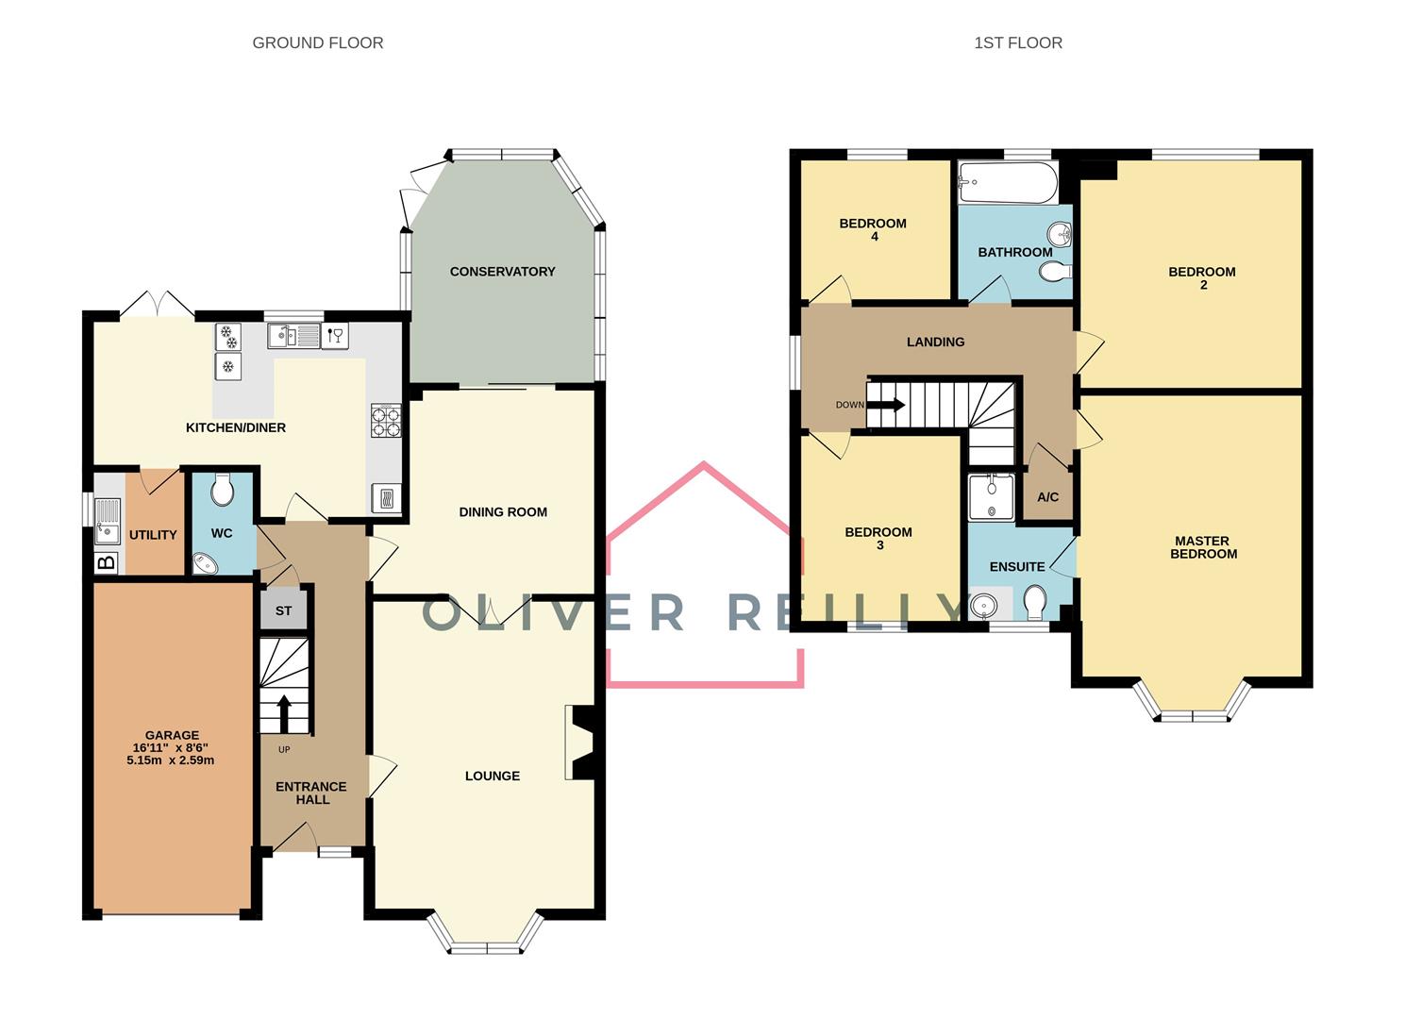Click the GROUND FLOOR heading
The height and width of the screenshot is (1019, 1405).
click(x=317, y=42)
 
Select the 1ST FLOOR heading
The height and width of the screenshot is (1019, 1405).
click(x=1017, y=42)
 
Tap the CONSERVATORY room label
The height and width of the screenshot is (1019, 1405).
click(x=502, y=272)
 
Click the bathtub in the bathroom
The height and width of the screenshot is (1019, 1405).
click(x=1007, y=182)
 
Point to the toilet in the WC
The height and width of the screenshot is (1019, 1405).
click(x=223, y=489)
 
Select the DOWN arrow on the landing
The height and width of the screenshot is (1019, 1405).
click(x=886, y=405)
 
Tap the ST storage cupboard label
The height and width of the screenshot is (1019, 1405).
click(x=284, y=611)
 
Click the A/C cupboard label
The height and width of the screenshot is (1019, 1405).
click(x=1047, y=497)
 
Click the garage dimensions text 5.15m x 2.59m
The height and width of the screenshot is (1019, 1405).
click(x=171, y=760)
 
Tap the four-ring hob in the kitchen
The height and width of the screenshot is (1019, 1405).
click(x=386, y=421)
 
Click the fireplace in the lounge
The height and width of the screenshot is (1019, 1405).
click(x=579, y=743)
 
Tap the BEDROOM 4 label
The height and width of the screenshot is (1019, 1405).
click(x=873, y=229)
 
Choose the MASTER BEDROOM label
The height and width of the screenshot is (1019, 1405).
click(x=1202, y=547)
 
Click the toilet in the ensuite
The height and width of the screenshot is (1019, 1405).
click(x=1035, y=600)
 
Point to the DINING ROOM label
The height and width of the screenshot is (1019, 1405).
click(x=503, y=512)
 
